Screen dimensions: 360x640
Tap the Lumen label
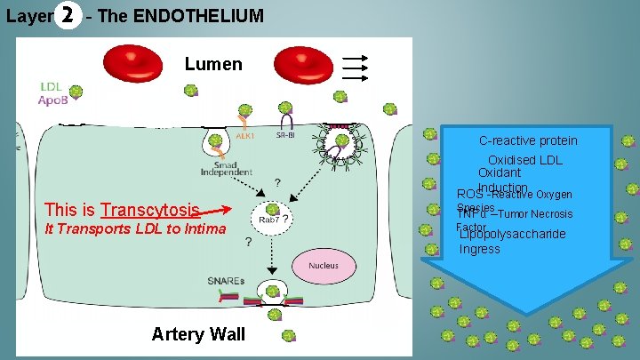pos(213,64)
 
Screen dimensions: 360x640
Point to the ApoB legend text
pos(54,101)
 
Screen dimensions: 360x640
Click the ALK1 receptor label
pos(245,136)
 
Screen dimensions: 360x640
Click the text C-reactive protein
pos(528,140)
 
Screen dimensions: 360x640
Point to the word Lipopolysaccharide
pos(512,235)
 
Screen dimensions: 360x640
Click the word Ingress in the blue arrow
pos(480,250)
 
